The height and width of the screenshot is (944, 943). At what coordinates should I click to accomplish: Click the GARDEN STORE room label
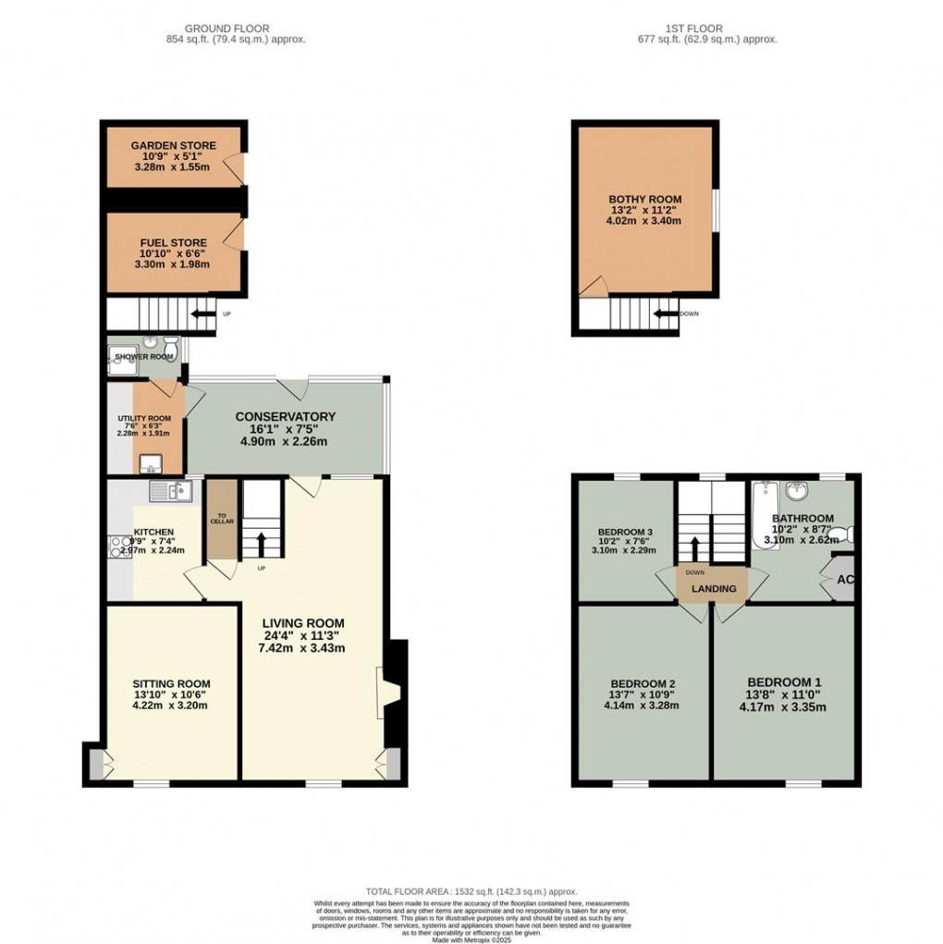tap(173, 145)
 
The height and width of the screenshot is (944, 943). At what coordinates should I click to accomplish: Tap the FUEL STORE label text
tap(173, 243)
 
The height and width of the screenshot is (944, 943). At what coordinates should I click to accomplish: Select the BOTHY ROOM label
tap(644, 199)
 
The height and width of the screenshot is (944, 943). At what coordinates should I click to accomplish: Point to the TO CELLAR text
tap(221, 519)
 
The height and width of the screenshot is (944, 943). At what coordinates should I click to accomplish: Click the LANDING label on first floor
tap(715, 589)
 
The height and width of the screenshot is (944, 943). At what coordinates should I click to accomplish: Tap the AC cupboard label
tap(844, 580)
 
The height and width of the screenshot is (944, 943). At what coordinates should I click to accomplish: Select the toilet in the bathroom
tap(846, 533)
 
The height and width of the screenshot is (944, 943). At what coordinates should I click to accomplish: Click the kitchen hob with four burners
tap(119, 546)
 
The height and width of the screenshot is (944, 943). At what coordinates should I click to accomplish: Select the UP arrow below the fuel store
tap(200, 314)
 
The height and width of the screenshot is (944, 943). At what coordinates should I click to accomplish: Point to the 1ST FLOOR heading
tap(706, 29)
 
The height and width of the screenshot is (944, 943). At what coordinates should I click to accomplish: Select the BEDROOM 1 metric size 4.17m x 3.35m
tap(781, 707)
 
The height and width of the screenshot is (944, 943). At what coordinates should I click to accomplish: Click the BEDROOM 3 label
tap(625, 532)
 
